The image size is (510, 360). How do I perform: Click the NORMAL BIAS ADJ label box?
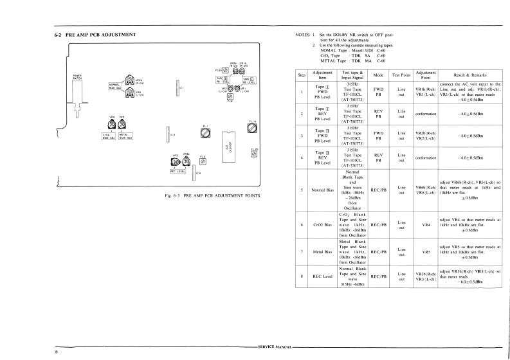(x=116, y=85)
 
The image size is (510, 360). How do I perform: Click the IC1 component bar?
(x=176, y=86)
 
